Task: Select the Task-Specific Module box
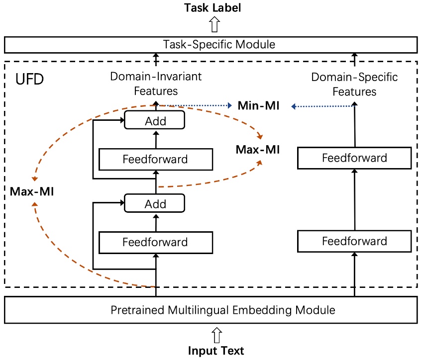click(x=211, y=45)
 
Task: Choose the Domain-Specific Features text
click(x=354, y=84)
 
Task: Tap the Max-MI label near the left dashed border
click(x=32, y=191)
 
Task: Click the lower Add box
click(x=155, y=203)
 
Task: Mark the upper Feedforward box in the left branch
click(x=156, y=159)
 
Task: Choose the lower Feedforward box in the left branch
click(x=156, y=242)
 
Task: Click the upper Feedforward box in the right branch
click(x=354, y=158)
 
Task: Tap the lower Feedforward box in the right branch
click(x=354, y=241)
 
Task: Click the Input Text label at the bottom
click(x=216, y=351)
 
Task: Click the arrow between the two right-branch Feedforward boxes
click(x=354, y=199)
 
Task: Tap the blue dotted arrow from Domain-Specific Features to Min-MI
click(x=323, y=105)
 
